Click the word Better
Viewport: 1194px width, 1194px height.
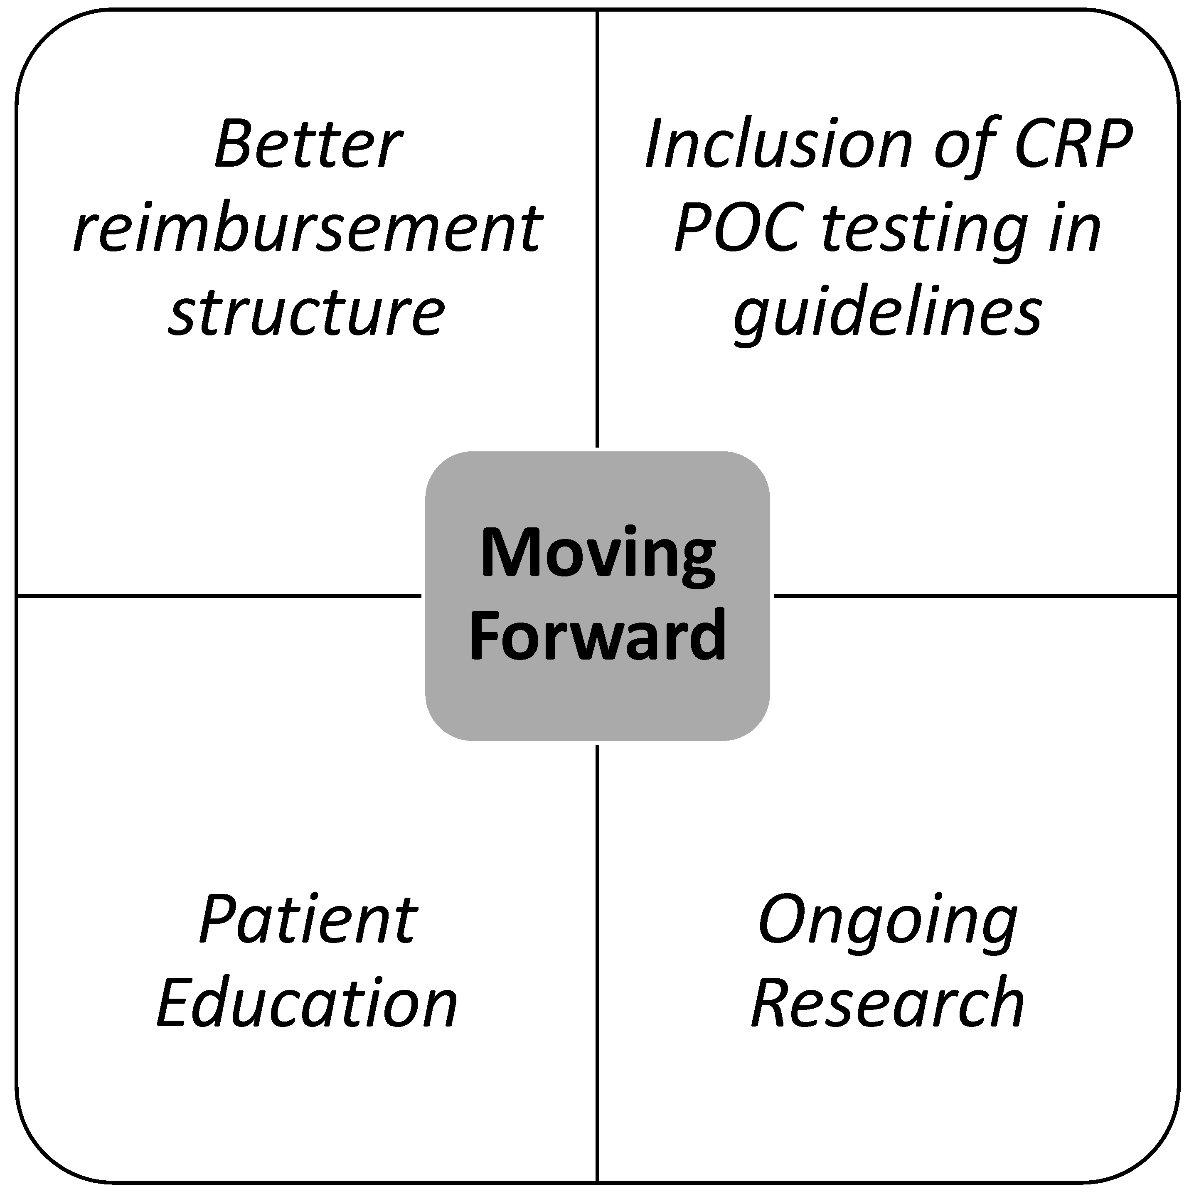click(x=308, y=145)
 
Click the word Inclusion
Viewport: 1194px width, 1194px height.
click(x=779, y=145)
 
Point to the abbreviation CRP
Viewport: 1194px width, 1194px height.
click(x=1073, y=145)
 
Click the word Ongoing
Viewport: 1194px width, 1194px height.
click(x=888, y=923)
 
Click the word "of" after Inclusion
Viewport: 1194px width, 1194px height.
click(x=963, y=145)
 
